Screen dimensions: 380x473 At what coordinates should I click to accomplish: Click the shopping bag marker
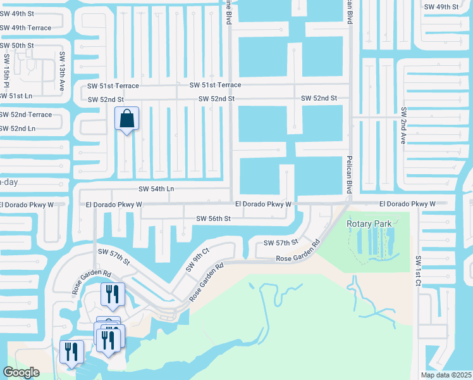tap(126, 118)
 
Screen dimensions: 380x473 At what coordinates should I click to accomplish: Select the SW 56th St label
tap(214, 218)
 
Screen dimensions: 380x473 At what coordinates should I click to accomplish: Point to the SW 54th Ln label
tap(156, 189)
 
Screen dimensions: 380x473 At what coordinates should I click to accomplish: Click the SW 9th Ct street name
tap(197, 262)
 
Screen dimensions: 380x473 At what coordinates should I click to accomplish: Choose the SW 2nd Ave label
tap(403, 125)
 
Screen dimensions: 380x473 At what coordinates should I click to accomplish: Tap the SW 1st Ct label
tap(418, 270)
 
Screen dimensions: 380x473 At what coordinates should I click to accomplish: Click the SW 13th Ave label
tap(62, 72)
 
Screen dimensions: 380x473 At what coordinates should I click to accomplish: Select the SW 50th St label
tap(17, 46)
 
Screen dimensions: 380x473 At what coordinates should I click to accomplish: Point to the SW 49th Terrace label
tap(25, 28)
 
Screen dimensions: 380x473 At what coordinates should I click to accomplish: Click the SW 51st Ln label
tap(16, 96)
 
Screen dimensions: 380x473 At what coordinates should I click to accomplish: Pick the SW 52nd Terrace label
tap(26, 115)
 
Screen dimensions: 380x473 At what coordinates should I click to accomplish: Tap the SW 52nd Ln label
tap(18, 129)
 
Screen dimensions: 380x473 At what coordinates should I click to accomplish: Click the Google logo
tap(21, 372)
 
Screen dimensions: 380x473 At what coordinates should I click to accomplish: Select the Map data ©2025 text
tap(446, 375)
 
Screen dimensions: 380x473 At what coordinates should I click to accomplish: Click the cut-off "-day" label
tap(9, 182)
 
